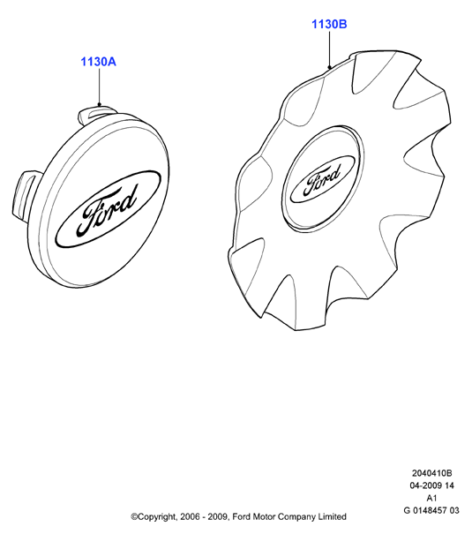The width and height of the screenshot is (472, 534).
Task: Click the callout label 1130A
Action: [98, 62]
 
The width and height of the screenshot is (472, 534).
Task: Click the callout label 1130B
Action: [329, 25]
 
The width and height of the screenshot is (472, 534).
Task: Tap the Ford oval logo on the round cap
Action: [108, 208]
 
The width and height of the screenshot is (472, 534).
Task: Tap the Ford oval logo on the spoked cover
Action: [322, 179]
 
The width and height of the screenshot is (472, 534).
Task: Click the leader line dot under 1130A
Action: [100, 104]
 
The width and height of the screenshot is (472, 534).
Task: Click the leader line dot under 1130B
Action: [329, 67]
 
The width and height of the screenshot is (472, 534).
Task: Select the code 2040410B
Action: [431, 473]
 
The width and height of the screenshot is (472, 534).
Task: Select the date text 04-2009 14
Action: [431, 485]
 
